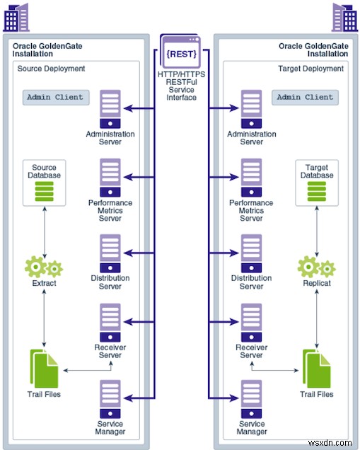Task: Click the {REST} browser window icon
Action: point(180,52)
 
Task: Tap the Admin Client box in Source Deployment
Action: point(56,98)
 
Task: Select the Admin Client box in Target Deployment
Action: point(305,98)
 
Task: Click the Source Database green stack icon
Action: point(44,192)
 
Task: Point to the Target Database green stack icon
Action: point(317,192)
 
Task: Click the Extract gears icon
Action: point(44,267)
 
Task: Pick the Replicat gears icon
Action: point(317,267)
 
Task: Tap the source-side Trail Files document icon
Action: point(44,369)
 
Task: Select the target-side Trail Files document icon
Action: point(317,369)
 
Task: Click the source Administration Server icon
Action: point(110,109)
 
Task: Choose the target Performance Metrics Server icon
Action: point(251,178)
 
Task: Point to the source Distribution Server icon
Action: point(110,253)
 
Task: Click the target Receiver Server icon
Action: point(251,323)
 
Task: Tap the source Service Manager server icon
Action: point(110,399)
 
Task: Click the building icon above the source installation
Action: point(16,17)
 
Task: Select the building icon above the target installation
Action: point(344,17)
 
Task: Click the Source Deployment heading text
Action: point(51,69)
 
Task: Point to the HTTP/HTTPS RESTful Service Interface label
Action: point(181,86)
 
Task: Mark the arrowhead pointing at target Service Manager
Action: point(234,398)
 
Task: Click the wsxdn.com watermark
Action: point(330,443)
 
